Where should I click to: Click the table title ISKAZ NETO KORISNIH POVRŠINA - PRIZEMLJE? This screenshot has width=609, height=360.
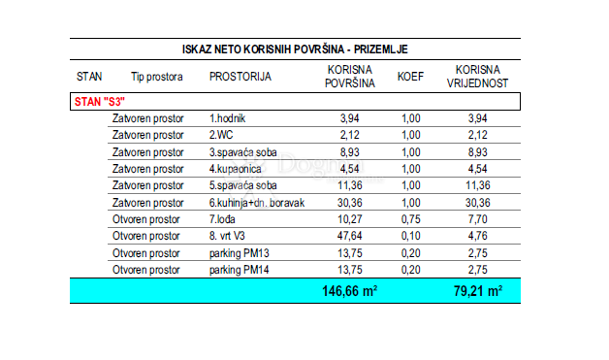(295, 49)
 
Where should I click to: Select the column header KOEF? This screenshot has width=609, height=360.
(409, 76)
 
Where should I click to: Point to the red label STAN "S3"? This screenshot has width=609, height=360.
(100, 100)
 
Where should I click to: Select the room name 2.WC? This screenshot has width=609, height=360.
(222, 134)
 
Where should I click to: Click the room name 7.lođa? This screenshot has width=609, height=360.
(226, 219)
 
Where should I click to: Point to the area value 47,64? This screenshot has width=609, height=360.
(347, 236)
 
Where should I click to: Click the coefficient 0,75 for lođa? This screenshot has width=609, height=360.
(409, 219)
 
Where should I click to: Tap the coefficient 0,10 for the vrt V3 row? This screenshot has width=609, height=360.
(409, 236)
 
